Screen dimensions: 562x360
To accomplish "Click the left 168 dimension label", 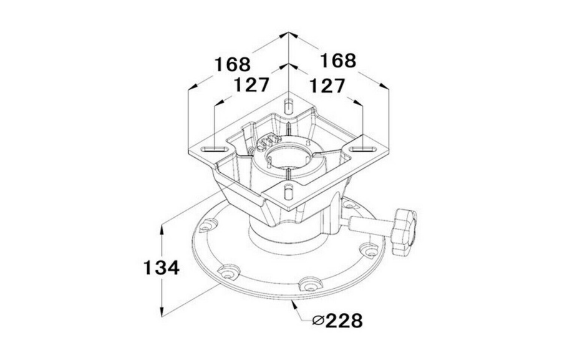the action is [x=232, y=64].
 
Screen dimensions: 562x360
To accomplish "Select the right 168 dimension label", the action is [x=338, y=61].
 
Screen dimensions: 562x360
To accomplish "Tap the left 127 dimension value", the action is [x=251, y=85].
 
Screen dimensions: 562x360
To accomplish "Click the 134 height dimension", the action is [x=162, y=268].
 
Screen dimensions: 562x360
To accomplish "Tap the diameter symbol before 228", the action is [x=318, y=320].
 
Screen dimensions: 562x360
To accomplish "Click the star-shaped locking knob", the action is [x=404, y=233].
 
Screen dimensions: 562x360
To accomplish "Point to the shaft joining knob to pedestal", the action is [x=367, y=226].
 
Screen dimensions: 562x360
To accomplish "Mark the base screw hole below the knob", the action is [x=368, y=250].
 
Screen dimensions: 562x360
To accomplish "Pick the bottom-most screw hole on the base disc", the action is [x=309, y=285].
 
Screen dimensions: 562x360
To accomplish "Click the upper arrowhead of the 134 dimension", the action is [x=162, y=228].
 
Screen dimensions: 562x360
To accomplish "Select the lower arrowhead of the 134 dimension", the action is [x=162, y=311].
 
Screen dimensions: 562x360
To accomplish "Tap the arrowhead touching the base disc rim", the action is [x=294, y=304].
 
